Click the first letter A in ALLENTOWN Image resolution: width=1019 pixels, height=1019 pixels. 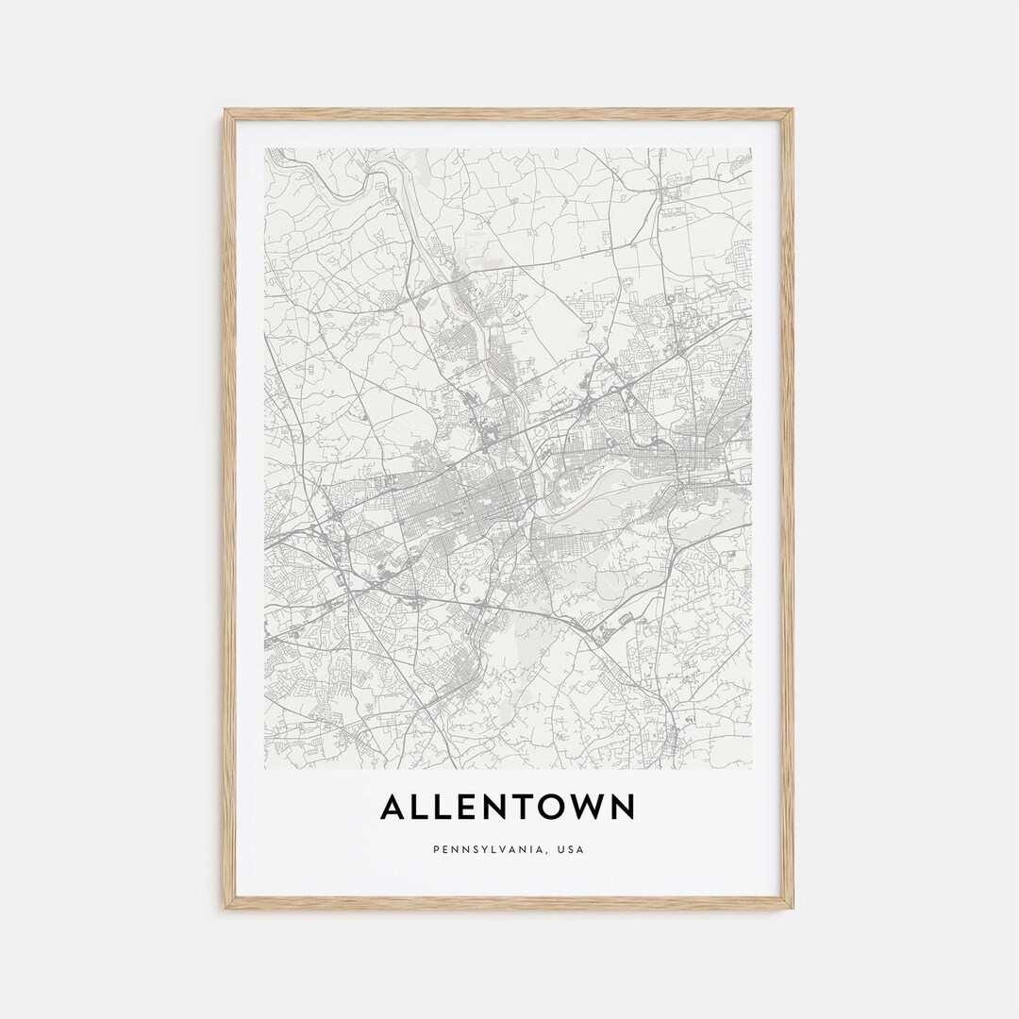[394, 808]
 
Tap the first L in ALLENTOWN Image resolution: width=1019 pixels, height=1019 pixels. [424, 808]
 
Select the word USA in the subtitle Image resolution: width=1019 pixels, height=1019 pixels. [571, 849]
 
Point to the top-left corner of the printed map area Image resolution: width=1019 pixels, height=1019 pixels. [266, 149]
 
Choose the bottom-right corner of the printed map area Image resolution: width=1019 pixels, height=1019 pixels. [752, 768]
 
